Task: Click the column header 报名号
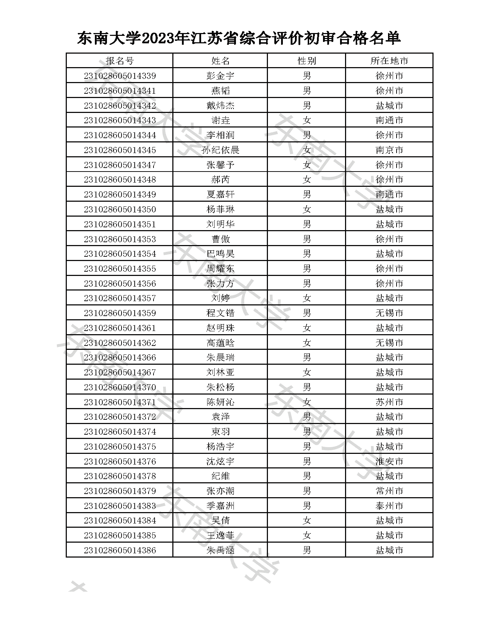point(119,61)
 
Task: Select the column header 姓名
point(220,61)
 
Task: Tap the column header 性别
point(306,61)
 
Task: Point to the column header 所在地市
point(389,61)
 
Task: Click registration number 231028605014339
point(120,76)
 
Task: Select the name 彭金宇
point(220,76)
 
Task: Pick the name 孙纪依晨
point(220,150)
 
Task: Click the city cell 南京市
point(389,150)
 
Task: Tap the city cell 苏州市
point(389,402)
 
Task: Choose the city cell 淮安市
point(389,461)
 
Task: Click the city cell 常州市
point(389,491)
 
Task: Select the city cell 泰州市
point(389,506)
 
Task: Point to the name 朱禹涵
point(220,550)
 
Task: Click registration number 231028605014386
point(120,550)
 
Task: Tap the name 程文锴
point(220,313)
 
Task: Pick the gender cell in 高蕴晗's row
point(306,343)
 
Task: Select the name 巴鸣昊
point(220,254)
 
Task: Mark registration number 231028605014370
point(120,387)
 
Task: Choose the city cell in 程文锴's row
point(389,313)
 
